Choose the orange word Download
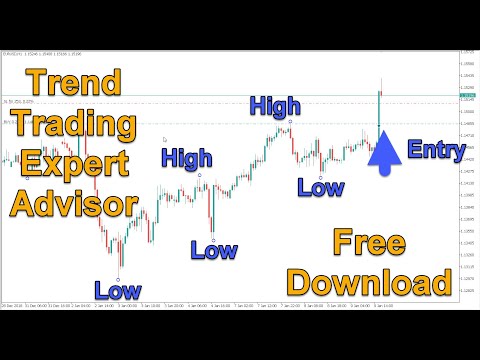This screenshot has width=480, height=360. pyautogui.click(x=380, y=283)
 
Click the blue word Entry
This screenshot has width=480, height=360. pyautogui.click(x=436, y=152)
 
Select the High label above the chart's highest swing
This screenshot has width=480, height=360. pyautogui.click(x=275, y=105)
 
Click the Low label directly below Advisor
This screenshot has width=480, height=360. pyautogui.click(x=117, y=291)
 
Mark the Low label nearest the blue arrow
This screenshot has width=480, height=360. pyautogui.click(x=321, y=186)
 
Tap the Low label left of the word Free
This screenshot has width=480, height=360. pyautogui.click(x=214, y=251)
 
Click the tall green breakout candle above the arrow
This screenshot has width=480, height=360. pyautogui.click(x=380, y=108)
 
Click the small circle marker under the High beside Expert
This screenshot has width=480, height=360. pyautogui.click(x=199, y=176)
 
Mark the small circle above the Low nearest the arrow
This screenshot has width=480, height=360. pyautogui.click(x=321, y=171)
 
